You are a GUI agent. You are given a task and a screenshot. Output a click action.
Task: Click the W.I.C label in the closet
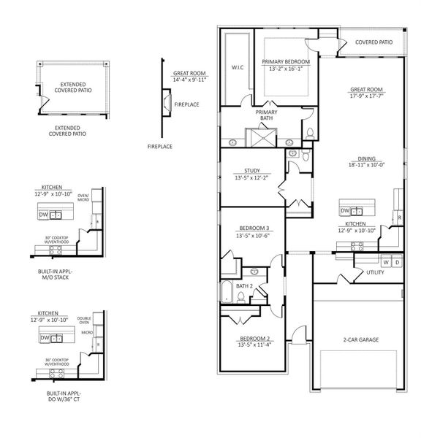point(237,67)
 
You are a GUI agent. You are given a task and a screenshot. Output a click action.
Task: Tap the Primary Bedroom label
point(287,62)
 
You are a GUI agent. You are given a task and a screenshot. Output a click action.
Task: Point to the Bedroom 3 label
point(251,228)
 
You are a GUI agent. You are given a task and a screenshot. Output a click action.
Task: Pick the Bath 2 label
point(244,286)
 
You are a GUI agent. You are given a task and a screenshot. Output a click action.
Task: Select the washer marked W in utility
point(385,261)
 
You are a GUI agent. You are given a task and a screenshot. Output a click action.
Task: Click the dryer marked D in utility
point(397,261)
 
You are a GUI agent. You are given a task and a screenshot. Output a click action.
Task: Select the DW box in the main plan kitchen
point(346,211)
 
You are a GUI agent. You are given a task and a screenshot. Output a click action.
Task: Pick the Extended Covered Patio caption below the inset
point(67,131)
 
